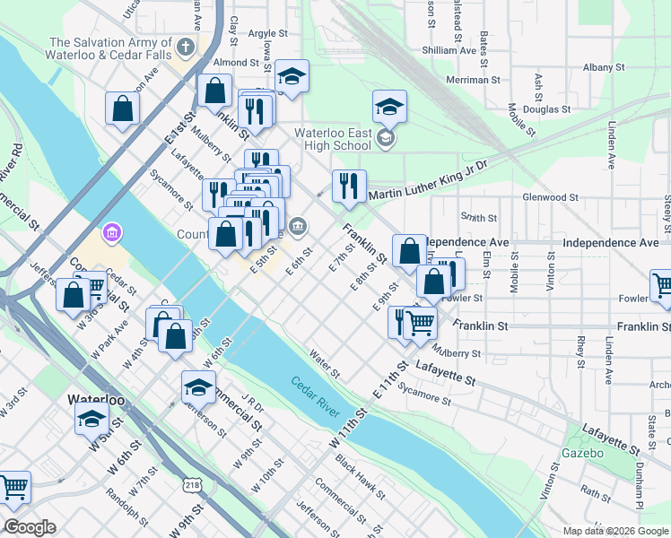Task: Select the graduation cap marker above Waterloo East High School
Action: [x=389, y=107]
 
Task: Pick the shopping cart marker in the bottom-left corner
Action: [x=14, y=488]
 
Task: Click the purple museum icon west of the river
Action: [x=112, y=234]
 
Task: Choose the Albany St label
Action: [x=603, y=67]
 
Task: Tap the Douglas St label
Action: [x=546, y=109]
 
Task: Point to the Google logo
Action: [x=30, y=527]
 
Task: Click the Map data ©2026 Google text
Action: [x=615, y=531]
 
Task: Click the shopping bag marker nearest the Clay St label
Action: [x=215, y=91]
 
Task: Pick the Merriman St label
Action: [x=476, y=80]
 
